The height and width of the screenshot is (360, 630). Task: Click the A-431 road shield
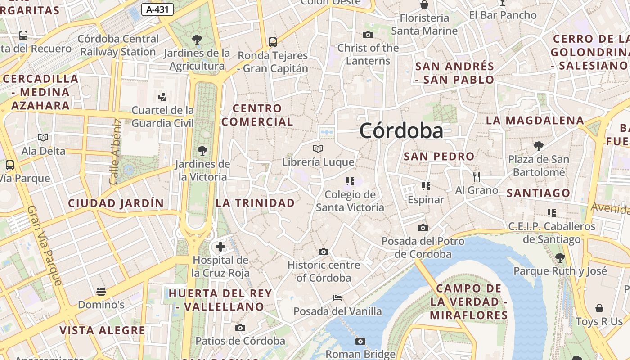click(x=157, y=9)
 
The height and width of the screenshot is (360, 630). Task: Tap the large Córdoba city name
click(x=401, y=131)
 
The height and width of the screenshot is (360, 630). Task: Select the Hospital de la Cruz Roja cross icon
click(x=220, y=247)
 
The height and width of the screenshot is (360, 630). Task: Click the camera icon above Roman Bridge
click(x=360, y=341)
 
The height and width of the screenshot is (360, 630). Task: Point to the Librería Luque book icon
click(x=318, y=148)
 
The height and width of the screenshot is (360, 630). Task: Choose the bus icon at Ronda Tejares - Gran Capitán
click(x=273, y=42)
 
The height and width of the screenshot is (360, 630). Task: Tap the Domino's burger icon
click(x=101, y=292)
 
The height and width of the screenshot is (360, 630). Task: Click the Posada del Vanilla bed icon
click(x=337, y=298)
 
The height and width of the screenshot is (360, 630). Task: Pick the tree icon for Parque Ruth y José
click(x=560, y=258)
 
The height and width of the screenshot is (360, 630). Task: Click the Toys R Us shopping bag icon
click(x=599, y=308)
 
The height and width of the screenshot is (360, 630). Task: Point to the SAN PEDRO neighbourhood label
click(x=439, y=157)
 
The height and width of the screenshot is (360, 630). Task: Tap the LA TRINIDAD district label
click(x=255, y=203)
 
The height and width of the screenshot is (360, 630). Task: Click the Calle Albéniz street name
click(x=115, y=151)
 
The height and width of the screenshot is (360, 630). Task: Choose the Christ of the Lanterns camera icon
click(x=368, y=35)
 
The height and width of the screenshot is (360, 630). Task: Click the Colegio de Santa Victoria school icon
click(x=350, y=181)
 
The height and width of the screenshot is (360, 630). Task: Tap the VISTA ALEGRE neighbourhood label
click(x=103, y=330)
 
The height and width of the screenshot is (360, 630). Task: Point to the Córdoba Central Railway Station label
click(x=118, y=45)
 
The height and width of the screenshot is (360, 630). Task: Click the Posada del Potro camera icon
click(x=423, y=228)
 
